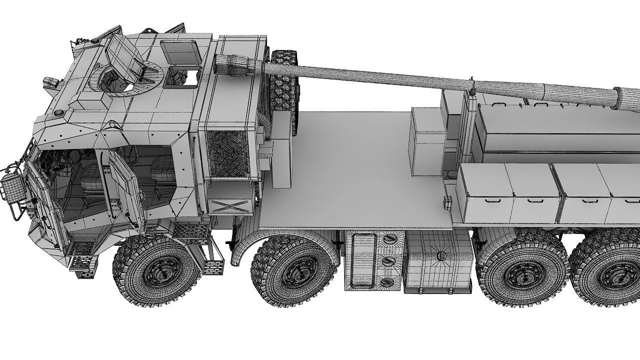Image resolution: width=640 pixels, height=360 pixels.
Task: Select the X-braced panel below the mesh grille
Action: [229, 205]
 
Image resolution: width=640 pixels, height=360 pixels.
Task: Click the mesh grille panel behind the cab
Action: [227, 153]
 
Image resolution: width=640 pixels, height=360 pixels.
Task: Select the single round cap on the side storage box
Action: [441, 255]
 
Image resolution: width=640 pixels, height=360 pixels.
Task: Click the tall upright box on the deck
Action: [427, 141]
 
